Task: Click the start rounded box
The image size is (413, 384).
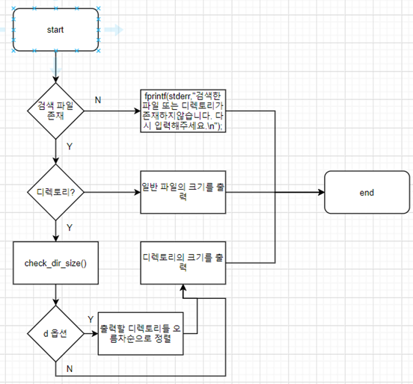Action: tap(55, 30)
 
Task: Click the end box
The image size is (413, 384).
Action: tap(367, 192)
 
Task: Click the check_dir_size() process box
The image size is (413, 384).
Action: tap(55, 264)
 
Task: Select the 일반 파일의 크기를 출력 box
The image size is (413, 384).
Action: tap(184, 192)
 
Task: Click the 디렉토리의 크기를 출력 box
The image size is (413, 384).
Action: tap(184, 261)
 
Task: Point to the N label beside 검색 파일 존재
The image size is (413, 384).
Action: tap(97, 100)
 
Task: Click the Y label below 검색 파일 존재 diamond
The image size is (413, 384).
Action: tap(70, 148)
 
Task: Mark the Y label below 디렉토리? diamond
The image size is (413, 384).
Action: tap(70, 227)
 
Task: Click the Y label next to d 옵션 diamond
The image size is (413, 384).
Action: tap(91, 320)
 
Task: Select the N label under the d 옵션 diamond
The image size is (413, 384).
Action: tap(70, 368)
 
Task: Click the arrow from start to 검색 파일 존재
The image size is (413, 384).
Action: tap(55, 67)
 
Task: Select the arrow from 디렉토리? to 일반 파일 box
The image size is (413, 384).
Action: tap(112, 192)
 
